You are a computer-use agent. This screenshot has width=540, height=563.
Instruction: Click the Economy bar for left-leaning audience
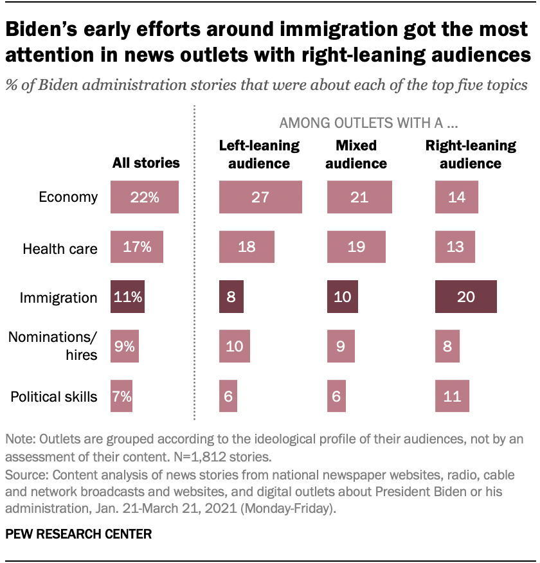click(260, 197)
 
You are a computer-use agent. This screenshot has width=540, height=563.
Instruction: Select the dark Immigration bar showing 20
click(466, 297)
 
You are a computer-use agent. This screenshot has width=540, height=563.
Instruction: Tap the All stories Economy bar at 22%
click(144, 197)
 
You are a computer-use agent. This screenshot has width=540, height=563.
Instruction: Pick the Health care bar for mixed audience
click(356, 247)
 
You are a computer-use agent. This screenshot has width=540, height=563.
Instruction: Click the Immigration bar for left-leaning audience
click(231, 297)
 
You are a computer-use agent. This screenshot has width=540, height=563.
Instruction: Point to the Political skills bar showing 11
click(452, 397)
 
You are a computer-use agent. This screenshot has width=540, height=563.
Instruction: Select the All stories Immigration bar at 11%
click(127, 297)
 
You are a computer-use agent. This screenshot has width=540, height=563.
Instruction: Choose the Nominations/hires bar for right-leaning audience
click(447, 346)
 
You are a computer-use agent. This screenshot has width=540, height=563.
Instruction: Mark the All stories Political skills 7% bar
click(122, 397)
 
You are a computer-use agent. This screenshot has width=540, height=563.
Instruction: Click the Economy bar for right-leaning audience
click(456, 197)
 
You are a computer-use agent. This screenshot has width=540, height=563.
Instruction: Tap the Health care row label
click(60, 248)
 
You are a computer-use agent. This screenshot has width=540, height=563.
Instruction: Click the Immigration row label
click(59, 298)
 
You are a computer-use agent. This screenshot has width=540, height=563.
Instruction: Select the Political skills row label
click(54, 397)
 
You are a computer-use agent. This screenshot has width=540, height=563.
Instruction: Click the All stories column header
click(146, 163)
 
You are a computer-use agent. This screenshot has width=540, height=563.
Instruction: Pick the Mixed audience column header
click(355, 154)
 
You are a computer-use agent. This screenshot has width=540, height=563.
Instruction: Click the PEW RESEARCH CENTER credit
click(78, 533)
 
